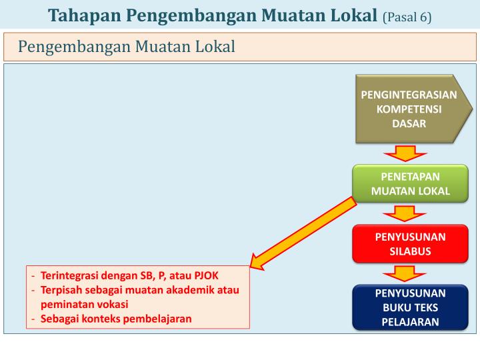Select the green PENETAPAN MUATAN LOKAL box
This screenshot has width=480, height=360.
tap(410, 184)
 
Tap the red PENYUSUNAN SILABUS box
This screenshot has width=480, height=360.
tap(410, 244)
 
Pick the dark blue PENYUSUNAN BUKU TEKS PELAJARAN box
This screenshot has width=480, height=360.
tap(410, 307)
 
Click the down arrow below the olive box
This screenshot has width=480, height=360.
tap(400, 154)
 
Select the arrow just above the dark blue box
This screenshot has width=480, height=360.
tap(400, 274)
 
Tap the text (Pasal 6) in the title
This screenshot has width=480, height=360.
tap(407, 17)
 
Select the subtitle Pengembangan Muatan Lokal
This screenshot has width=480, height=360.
tap(127, 47)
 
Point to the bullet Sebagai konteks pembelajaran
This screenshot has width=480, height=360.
tap(116, 318)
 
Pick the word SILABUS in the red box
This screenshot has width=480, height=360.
tap(410, 251)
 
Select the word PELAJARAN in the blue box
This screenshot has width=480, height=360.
tap(410, 322)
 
